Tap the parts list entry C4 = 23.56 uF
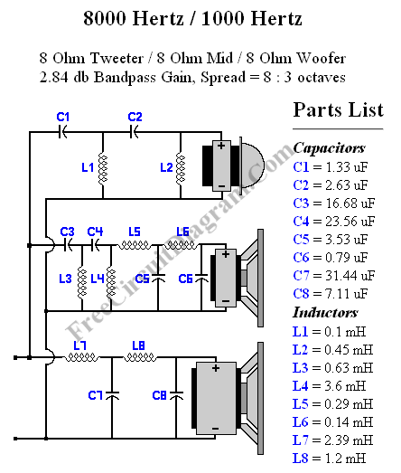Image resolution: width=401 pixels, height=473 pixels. (x=331, y=222)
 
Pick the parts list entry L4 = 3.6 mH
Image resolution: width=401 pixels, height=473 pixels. (x=331, y=385)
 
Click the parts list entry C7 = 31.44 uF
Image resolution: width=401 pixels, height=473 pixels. (x=331, y=276)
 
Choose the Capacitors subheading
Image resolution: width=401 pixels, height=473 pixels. (x=329, y=147)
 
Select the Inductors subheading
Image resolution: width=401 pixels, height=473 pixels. (x=326, y=312)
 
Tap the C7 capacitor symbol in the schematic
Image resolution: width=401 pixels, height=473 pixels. (x=111, y=394)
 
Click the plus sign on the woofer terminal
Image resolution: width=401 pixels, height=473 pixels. (x=215, y=369)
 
